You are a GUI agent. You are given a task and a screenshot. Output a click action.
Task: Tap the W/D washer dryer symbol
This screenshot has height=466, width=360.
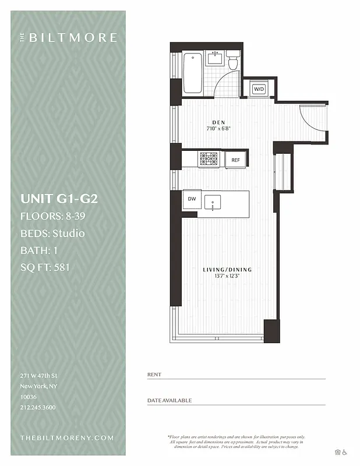coord(258,89)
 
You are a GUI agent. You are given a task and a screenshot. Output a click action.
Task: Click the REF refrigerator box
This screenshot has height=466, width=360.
coord(235,160)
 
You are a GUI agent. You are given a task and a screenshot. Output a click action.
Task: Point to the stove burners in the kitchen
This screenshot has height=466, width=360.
coord(209,159)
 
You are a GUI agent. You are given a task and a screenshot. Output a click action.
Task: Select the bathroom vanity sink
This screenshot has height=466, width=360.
coord(216,58)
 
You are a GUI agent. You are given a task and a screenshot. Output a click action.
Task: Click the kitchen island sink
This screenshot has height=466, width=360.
coord(214,204)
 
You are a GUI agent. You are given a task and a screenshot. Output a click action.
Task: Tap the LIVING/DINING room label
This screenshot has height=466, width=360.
coord(227,269)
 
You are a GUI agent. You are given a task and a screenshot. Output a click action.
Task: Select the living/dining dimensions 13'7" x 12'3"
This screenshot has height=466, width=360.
coord(227,276)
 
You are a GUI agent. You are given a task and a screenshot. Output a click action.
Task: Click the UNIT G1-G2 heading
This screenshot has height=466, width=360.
coord(59,199)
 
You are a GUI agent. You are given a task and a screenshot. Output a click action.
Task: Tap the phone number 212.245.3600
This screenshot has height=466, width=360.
coord(38,407)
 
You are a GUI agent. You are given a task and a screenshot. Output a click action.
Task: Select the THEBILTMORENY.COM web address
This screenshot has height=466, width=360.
coord(67,437)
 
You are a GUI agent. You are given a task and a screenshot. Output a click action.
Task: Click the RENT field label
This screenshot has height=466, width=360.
coord(154,375)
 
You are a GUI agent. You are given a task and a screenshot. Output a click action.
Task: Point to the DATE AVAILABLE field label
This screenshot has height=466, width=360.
coord(170,401)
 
